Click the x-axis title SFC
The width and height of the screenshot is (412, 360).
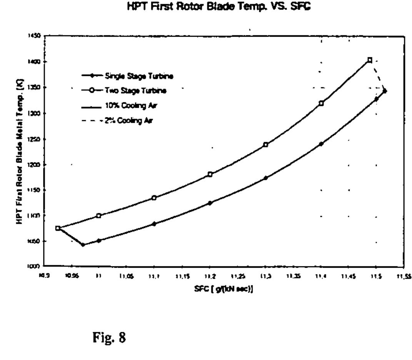[223, 290]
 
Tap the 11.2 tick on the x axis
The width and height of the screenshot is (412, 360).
[210, 276]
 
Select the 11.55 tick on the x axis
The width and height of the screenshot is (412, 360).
[402, 276]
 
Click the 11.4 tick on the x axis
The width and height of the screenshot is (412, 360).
[321, 276]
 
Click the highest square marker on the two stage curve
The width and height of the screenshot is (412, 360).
[370, 60]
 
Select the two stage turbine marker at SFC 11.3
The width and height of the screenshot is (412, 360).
[265, 145]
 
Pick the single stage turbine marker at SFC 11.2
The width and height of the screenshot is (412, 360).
[210, 203]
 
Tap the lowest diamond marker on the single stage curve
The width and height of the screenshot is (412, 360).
[83, 244]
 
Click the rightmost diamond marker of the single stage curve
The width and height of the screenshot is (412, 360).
[385, 91]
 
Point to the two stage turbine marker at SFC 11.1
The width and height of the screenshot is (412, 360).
[154, 198]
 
